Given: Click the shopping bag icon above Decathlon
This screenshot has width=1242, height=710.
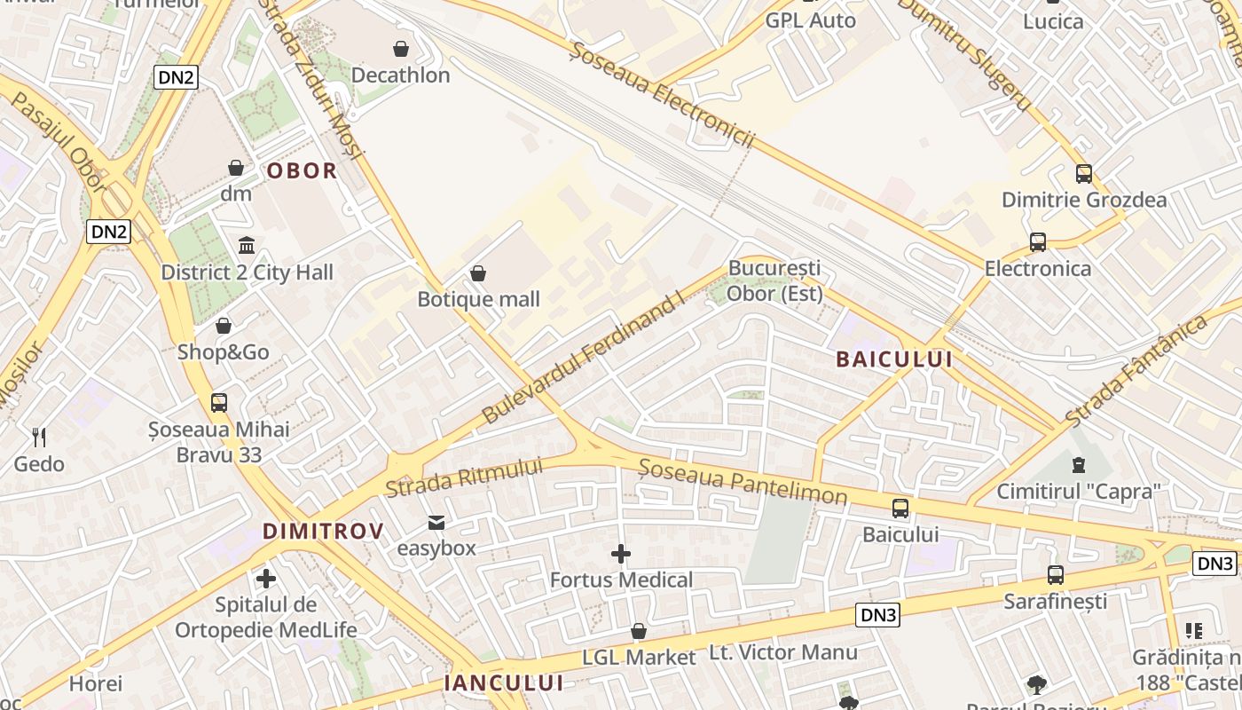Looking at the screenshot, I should coord(401,48).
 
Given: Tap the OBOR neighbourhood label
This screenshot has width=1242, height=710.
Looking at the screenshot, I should coord(302,170).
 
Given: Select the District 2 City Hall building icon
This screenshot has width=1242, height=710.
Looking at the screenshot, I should coord(247,245).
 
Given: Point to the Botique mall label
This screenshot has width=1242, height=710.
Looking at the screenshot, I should coord(478,299).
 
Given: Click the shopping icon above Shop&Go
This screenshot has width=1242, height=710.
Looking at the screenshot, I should coord(224,326).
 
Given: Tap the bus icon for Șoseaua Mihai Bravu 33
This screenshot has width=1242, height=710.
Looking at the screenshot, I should coord(219,403).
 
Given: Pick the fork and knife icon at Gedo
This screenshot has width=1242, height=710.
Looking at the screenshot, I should coord(39,437).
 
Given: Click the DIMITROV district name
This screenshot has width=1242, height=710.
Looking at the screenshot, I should coord(323,532).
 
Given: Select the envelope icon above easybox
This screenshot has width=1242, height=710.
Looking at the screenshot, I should coord(436,522).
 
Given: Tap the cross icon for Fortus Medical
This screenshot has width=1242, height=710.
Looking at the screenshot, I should coord(621,555).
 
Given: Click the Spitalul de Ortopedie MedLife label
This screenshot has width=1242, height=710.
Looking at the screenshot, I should coord(265,618).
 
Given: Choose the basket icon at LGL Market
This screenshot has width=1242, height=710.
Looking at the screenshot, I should coord(639,631).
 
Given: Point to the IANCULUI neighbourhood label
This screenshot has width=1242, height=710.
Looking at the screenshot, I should coord(504,682).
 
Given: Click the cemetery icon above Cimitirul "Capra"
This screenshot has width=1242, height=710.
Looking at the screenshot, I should coord(1079,464).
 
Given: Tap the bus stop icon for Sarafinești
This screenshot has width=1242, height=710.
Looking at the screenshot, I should coord(1056,575).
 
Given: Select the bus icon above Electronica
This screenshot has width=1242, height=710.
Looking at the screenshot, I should coord(1038,241).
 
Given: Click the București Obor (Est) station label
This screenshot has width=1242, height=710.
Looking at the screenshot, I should coord(774,280).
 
